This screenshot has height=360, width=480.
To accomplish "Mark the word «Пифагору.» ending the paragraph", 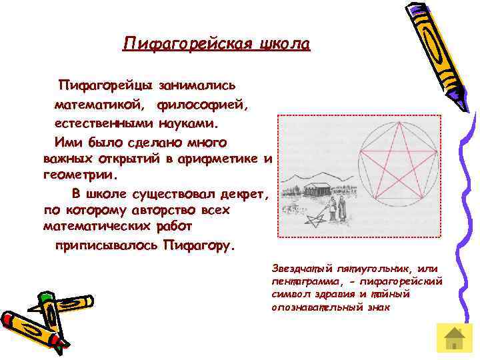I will pos(198,245).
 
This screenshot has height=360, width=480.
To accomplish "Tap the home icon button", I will pos(453,339).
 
